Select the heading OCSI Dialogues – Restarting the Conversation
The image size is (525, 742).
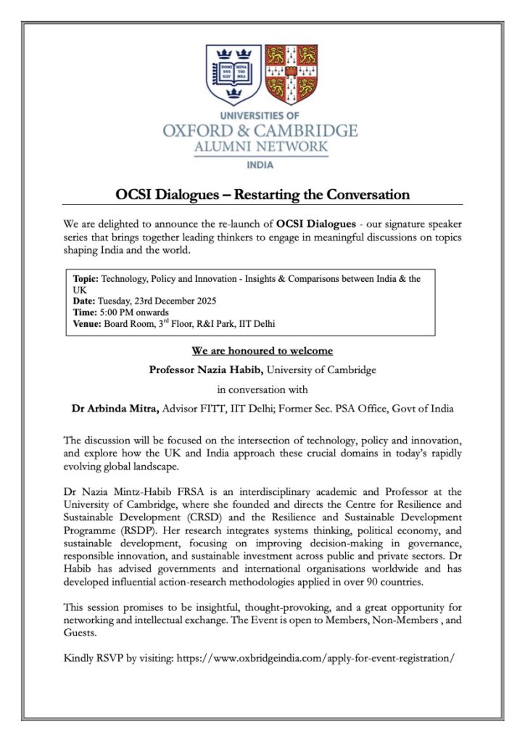(x=262, y=195)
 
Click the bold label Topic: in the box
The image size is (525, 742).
(x=86, y=279)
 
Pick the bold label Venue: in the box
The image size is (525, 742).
(x=88, y=324)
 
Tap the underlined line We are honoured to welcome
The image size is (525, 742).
(x=262, y=351)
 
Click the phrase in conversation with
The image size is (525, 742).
(x=262, y=390)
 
